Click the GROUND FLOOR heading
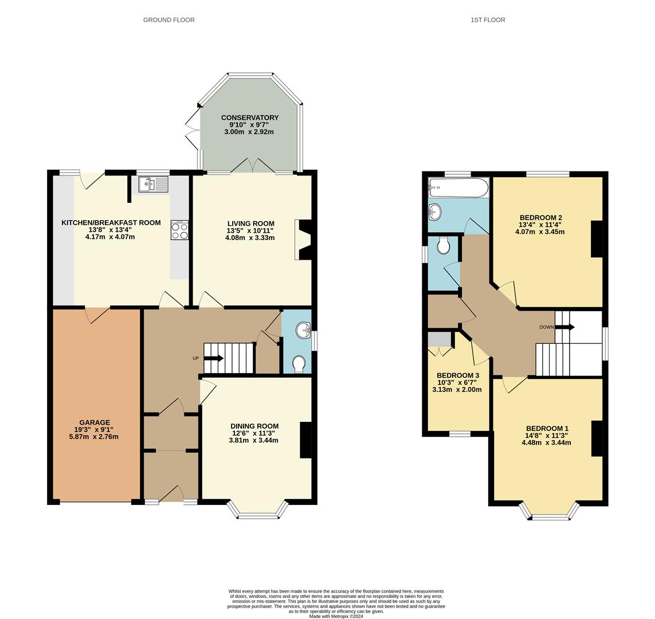[168, 20]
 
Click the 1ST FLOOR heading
[488, 20]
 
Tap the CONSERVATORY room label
[249, 118]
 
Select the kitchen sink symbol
[152, 185]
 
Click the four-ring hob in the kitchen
[179, 231]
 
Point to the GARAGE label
[95, 423]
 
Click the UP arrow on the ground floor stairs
[213, 358]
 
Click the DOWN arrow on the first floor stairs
[564, 327]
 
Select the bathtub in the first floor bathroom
[458, 187]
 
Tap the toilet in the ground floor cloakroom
[299, 364]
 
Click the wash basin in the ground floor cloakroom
[303, 330]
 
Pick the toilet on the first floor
[443, 246]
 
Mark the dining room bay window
[257, 511]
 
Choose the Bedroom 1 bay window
[549, 512]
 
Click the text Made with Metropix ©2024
[336, 617]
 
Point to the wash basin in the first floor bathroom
[436, 212]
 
